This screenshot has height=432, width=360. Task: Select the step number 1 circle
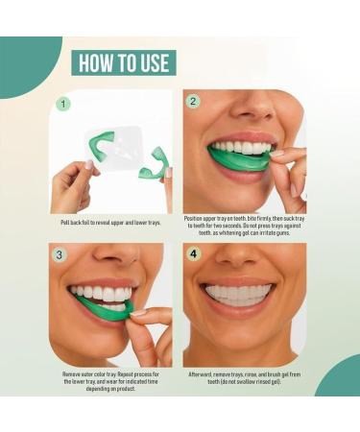point(63,103)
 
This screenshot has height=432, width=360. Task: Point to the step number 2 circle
point(193,102)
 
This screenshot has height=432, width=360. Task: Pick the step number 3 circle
point(62,256)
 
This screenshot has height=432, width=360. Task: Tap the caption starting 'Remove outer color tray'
point(110,378)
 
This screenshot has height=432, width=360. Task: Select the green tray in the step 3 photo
point(104,308)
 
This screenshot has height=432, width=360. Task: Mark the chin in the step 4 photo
point(238,341)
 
